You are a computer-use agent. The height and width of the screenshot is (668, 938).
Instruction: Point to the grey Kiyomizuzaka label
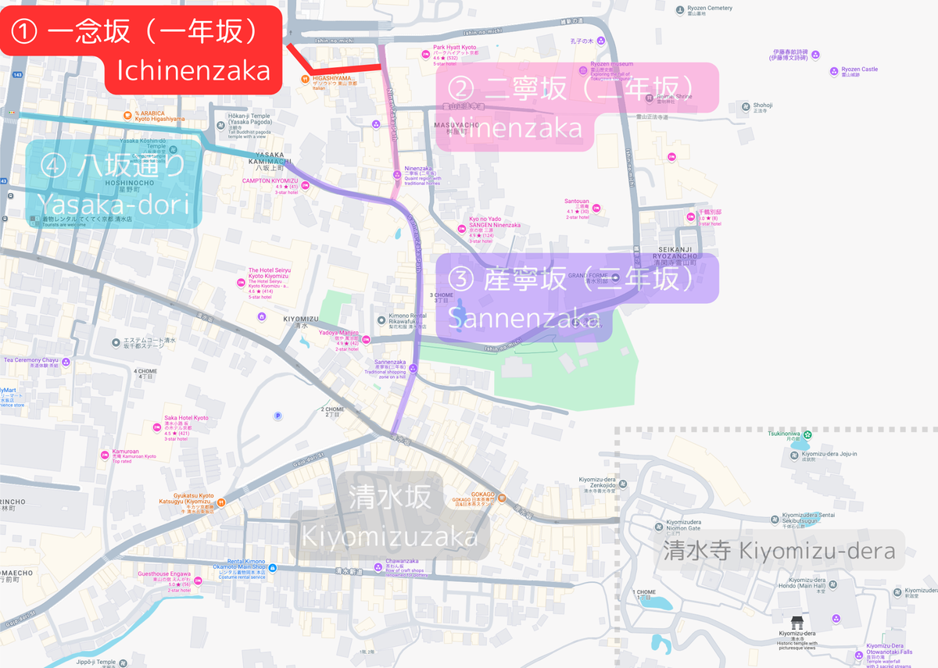[391, 520]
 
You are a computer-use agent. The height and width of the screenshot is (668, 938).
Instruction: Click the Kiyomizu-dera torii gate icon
[797, 623]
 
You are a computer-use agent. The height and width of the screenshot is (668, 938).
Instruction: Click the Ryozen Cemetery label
[711, 9]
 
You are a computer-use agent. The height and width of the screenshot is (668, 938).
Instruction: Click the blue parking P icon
[277, 416]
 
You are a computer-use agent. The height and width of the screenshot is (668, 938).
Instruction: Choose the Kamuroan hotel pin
[105, 455]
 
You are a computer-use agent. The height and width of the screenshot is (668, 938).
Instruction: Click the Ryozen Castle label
[859, 70]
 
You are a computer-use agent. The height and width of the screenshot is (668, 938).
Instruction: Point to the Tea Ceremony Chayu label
[31, 361]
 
